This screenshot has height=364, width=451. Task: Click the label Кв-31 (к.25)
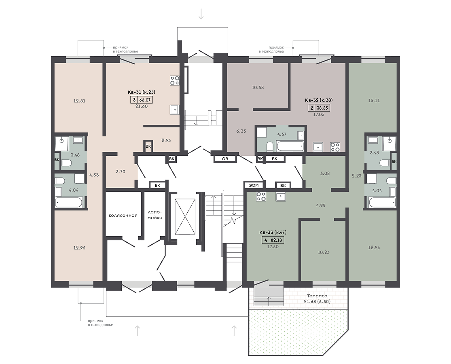click(141, 92)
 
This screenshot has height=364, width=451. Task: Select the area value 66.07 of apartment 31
click(145, 100)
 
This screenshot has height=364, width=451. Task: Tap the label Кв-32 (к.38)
click(319, 100)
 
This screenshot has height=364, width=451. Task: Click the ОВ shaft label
click(225, 159)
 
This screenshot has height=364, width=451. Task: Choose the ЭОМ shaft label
click(254, 186)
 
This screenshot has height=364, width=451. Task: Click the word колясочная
click(123, 215)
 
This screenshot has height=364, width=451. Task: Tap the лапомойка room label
click(155, 215)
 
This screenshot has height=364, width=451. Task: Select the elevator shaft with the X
click(185, 216)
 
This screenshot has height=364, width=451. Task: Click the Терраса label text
click(317, 296)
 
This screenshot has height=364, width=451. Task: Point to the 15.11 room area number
click(374, 101)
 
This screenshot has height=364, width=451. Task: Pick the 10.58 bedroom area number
click(258, 87)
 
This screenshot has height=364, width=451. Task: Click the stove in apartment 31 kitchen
click(175, 80)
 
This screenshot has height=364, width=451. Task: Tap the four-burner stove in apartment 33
click(261, 197)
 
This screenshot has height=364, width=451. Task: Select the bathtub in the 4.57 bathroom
click(290, 146)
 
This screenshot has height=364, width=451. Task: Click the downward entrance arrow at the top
click(201, 14)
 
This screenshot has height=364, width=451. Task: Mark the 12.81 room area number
click(79, 101)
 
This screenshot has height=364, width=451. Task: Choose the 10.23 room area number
click(324, 252)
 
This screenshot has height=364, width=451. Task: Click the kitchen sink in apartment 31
click(174, 110)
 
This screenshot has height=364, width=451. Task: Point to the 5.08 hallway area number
click(325, 174)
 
